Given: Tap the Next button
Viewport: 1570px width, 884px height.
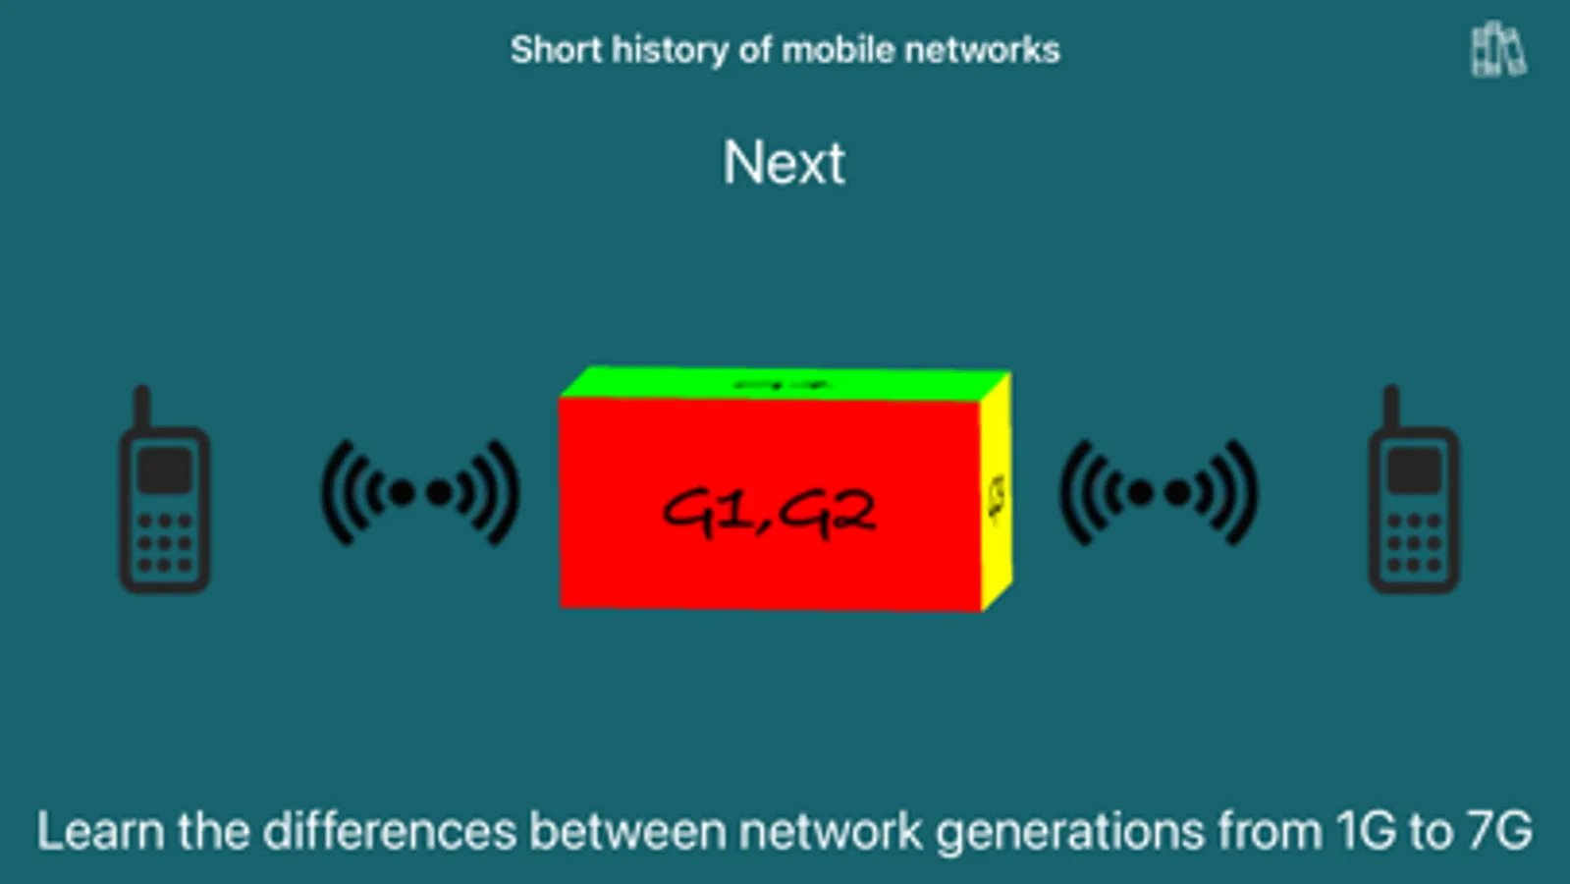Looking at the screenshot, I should tap(784, 162).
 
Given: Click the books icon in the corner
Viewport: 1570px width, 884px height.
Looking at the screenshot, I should tap(1497, 49).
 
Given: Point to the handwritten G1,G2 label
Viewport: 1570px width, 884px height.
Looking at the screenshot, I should tap(768, 511).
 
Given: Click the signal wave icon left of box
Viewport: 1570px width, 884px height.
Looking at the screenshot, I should tap(420, 492).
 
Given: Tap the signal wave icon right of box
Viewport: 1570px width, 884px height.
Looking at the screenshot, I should tap(1159, 492).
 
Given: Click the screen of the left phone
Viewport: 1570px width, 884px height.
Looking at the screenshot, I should tap(164, 470).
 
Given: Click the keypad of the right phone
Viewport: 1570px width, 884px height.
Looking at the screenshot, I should tap(1414, 543).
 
